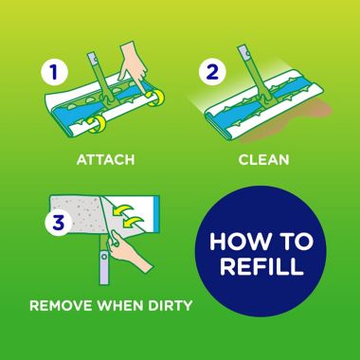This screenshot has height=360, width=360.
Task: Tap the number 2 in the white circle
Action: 213,72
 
